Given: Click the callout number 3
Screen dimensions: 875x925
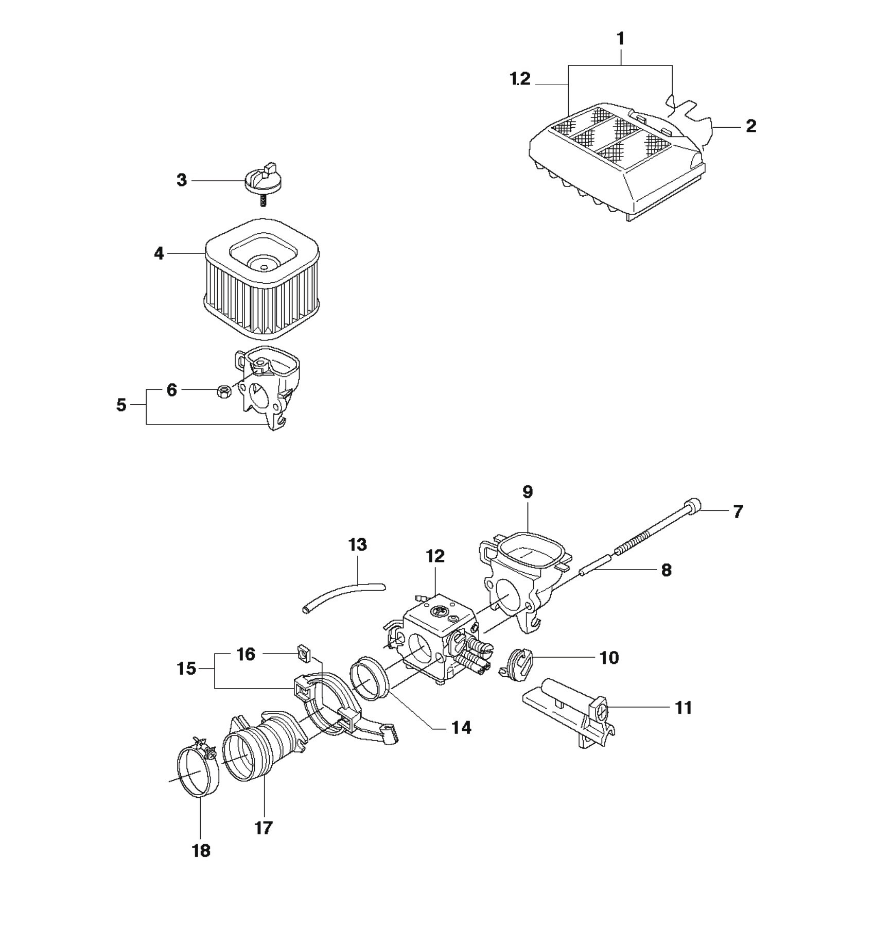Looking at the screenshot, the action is (x=182, y=180).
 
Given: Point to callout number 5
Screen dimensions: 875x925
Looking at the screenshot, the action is (x=121, y=405).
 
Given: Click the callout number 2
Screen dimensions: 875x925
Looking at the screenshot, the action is (x=751, y=126).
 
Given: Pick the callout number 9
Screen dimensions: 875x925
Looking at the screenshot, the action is (x=528, y=492).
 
